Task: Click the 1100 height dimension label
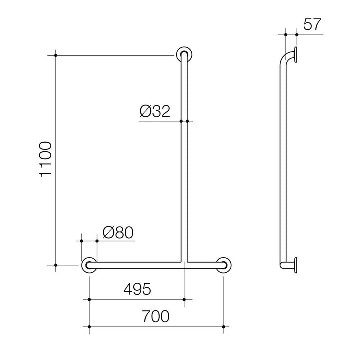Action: pyautogui.click(x=46, y=159)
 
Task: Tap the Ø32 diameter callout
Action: pyautogui.click(x=155, y=111)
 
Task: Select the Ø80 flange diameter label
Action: pyautogui.click(x=118, y=232)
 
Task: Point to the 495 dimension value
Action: pyautogui.click(x=137, y=289)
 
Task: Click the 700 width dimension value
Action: pyautogui.click(x=156, y=316)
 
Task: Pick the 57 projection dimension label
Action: pyautogui.click(x=312, y=24)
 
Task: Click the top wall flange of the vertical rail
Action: pyautogui.click(x=184, y=54)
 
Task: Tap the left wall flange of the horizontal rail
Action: pyautogui.click(x=89, y=265)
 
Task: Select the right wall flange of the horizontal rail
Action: pyautogui.click(x=224, y=265)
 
